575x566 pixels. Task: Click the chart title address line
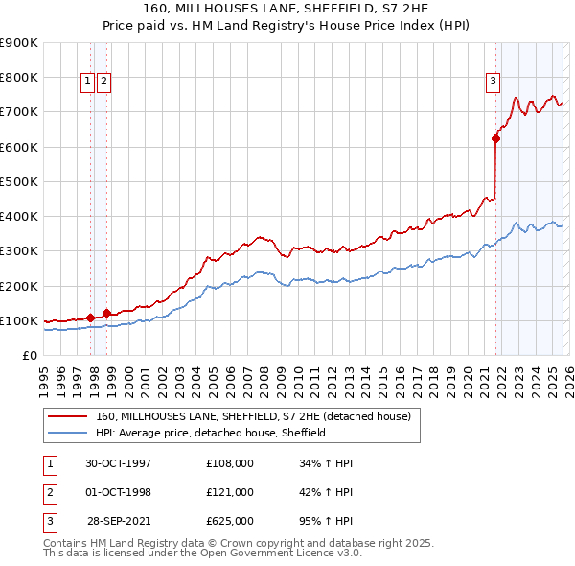(x=287, y=9)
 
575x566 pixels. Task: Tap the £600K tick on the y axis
(x=18, y=147)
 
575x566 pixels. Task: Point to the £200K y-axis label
(x=18, y=286)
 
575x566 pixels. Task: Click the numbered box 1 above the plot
(x=87, y=83)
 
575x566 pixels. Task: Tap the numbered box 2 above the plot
(x=103, y=83)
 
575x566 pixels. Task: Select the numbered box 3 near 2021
(x=493, y=83)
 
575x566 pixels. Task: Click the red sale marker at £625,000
(x=495, y=138)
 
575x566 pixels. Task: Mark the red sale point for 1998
(x=106, y=313)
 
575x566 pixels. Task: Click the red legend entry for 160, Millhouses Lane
(x=253, y=416)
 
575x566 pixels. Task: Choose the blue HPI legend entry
(x=211, y=433)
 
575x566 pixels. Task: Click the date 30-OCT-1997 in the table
(x=118, y=463)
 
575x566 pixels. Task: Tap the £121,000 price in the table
(x=230, y=492)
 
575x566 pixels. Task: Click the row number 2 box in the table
(x=49, y=492)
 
